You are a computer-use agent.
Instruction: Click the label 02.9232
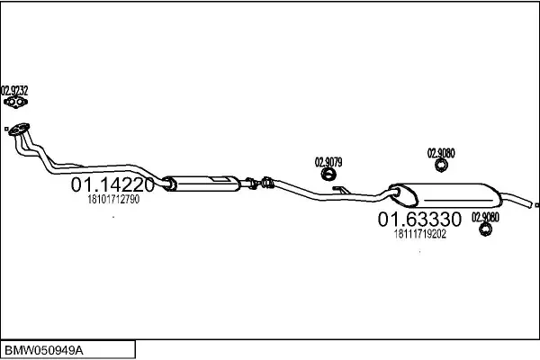(x=14, y=91)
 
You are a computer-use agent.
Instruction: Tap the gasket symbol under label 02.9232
(x=15, y=103)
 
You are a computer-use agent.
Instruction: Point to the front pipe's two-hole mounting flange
(x=19, y=130)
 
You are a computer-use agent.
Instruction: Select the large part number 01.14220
(x=112, y=184)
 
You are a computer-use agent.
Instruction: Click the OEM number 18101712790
(x=113, y=199)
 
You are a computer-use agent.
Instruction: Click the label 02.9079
(x=328, y=162)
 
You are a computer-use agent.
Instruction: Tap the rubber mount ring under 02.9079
(x=328, y=175)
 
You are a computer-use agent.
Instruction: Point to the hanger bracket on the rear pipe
(x=341, y=190)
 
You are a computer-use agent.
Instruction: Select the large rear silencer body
(x=445, y=195)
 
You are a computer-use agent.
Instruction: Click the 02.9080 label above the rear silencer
(x=441, y=153)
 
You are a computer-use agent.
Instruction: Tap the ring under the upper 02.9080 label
(x=441, y=166)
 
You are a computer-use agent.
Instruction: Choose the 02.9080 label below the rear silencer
(x=485, y=218)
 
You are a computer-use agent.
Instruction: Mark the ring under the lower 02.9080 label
(x=485, y=229)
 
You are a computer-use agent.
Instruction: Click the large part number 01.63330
(x=419, y=219)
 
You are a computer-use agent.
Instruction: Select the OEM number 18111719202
(x=420, y=234)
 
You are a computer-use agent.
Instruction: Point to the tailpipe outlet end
(x=531, y=204)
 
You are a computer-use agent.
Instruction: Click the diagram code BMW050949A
(x=44, y=351)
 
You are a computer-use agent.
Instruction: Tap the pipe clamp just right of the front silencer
(x=252, y=184)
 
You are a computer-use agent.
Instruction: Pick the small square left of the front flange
(x=6, y=129)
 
